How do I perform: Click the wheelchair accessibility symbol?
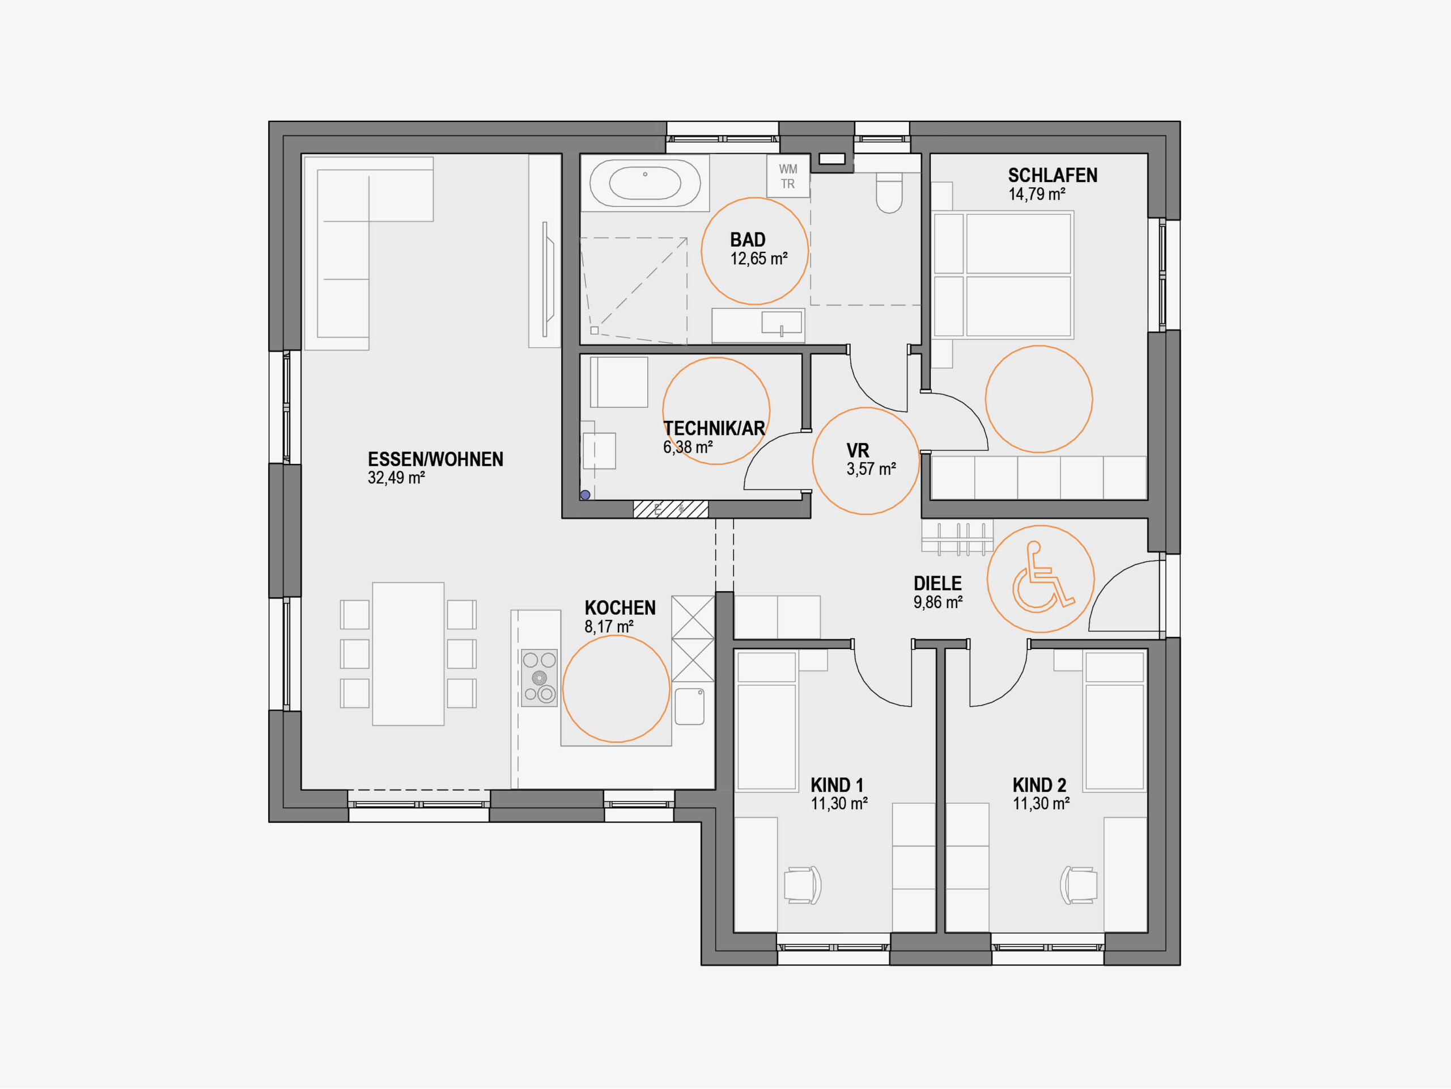[x=1042, y=577]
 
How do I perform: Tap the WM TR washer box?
[x=788, y=176]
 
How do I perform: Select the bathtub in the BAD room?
[x=645, y=183]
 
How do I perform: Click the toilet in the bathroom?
[x=889, y=192]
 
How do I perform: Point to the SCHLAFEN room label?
[x=1052, y=175]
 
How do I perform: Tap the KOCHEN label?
[x=620, y=608]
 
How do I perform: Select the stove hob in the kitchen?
[x=539, y=678]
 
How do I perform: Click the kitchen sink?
[x=689, y=706]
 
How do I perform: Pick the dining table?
[x=408, y=654]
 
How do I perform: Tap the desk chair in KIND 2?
[x=1079, y=885]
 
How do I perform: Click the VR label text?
[x=858, y=450]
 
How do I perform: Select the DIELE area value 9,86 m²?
[x=938, y=602]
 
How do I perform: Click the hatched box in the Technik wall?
[x=671, y=509]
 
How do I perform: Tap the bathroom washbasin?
[x=781, y=323]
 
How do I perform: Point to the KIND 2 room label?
[x=1040, y=785]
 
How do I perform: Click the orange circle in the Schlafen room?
[x=1039, y=346]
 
